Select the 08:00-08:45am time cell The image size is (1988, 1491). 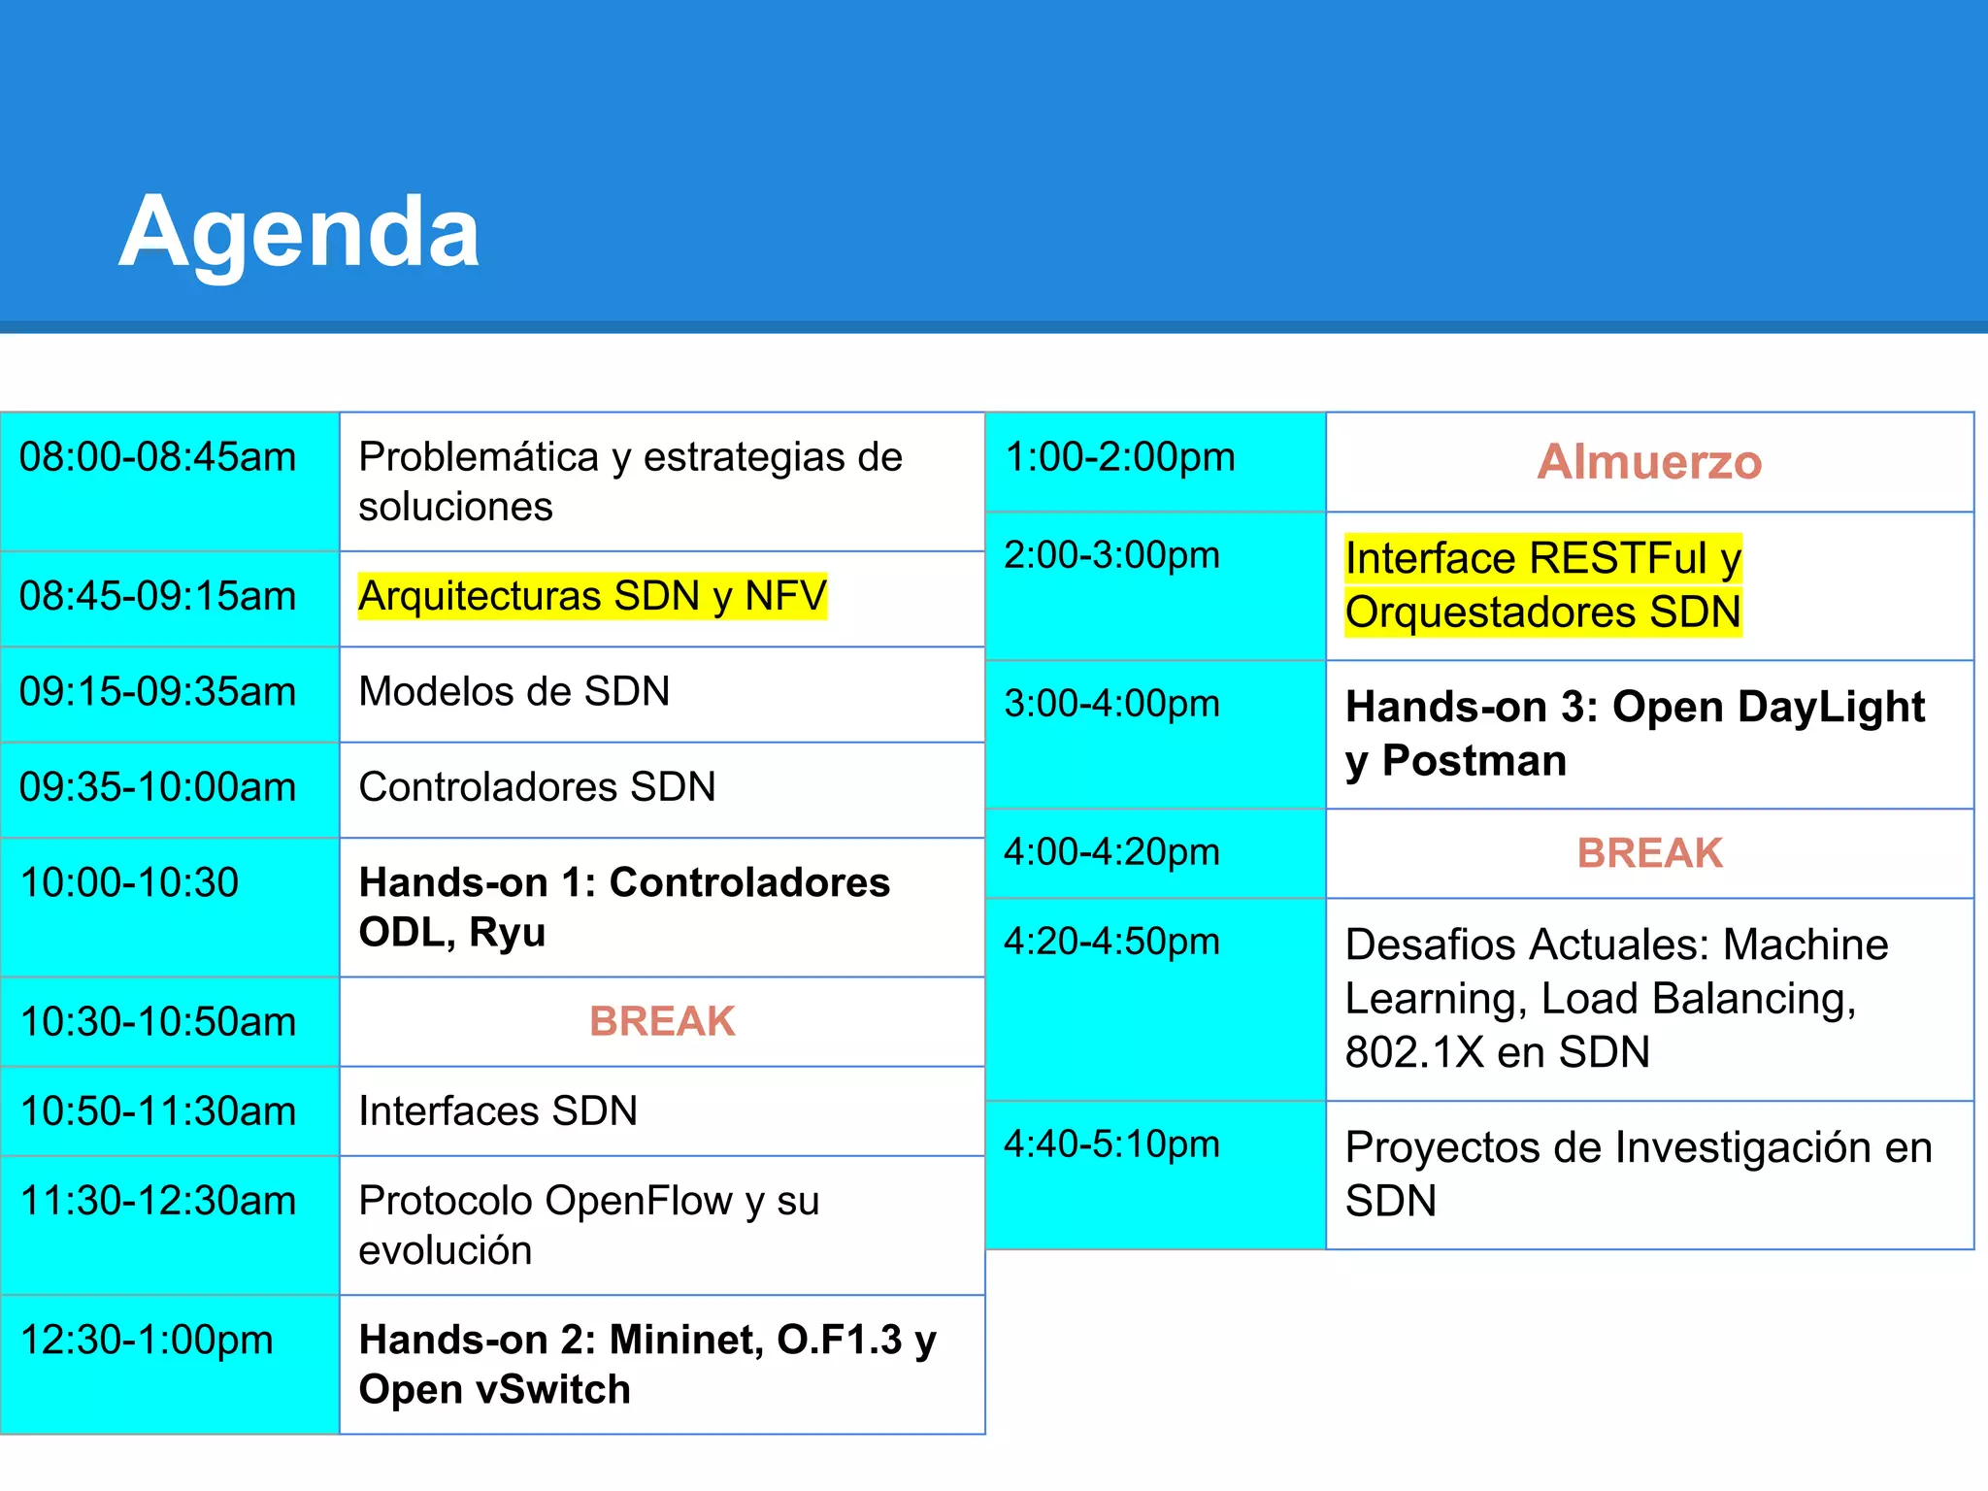click(157, 457)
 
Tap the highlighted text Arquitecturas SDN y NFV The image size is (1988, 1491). click(592, 596)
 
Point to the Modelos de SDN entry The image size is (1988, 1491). click(514, 692)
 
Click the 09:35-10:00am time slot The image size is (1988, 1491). click(157, 787)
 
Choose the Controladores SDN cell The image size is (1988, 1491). click(537, 787)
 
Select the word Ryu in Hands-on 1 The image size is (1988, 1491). click(507, 932)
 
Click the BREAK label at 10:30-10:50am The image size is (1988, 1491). click(662, 1021)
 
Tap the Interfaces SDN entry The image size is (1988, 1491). click(498, 1111)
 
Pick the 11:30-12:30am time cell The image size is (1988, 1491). click(157, 1202)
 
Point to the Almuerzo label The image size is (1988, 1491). click(1648, 462)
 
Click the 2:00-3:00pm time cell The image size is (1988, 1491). click(1111, 555)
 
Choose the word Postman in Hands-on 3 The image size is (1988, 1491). click(1474, 761)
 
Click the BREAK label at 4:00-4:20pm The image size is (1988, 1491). click(1649, 853)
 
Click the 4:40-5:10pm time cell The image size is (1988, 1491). click(1111, 1144)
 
